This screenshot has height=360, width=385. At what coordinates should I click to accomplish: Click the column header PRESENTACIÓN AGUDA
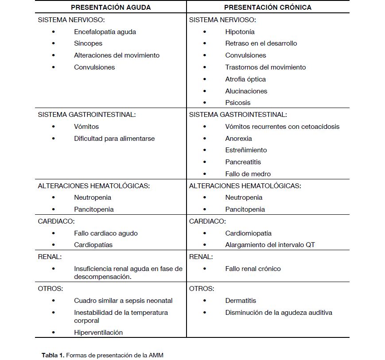tap(111, 7)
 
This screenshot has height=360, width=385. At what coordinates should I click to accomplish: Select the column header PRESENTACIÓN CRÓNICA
tap(268, 7)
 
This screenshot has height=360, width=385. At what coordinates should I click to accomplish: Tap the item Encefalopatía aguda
tap(105, 32)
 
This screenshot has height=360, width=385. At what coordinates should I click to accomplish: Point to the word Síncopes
tap(88, 43)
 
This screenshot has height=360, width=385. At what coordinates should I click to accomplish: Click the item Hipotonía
tap(240, 32)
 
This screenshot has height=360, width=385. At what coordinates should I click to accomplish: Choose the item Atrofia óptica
tap(245, 79)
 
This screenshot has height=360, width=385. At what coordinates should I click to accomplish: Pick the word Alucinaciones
tap(246, 91)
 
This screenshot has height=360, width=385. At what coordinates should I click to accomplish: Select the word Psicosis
tap(238, 103)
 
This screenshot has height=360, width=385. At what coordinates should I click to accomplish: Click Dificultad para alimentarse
tap(114, 139)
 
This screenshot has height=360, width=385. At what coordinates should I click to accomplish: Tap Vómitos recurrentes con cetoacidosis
tap(282, 127)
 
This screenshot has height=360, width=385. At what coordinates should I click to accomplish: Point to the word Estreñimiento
tap(246, 150)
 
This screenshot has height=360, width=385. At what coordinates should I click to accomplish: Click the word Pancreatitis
tap(243, 162)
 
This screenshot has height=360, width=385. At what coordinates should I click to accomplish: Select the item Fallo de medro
tap(248, 174)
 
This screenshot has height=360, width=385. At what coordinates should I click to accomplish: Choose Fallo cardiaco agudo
tap(106, 233)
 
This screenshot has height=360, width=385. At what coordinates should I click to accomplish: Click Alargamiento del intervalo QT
tap(270, 245)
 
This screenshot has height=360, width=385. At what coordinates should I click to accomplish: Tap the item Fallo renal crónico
tap(253, 269)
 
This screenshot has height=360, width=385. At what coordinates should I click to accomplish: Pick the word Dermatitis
tap(241, 301)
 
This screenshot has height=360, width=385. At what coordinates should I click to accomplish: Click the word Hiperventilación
tap(98, 333)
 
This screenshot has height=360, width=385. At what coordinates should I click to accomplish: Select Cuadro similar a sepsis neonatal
tap(123, 301)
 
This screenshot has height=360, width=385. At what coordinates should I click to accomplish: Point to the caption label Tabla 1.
tap(53, 355)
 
